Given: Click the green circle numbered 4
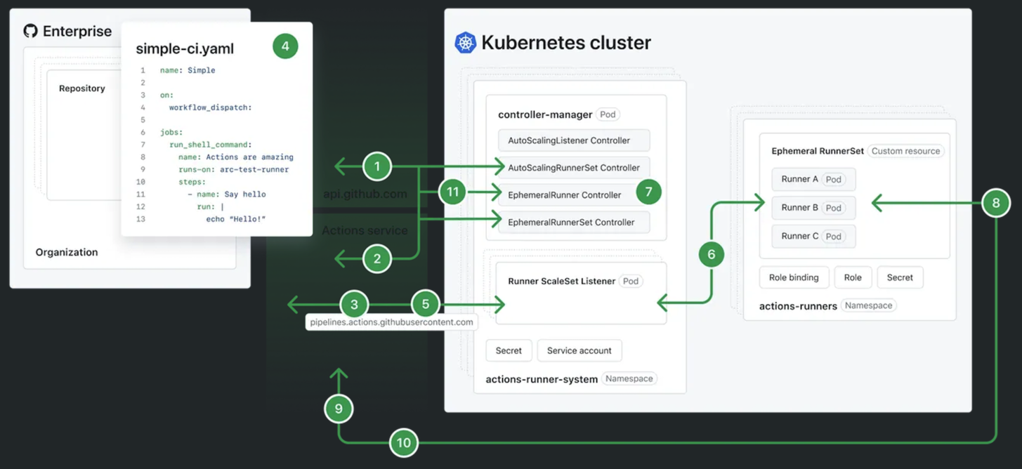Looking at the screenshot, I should [285, 46].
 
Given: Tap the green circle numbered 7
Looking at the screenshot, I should [648, 192].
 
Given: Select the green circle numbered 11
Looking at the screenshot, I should [453, 192].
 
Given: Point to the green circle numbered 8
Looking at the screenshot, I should [996, 204].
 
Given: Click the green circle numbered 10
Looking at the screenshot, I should [403, 443].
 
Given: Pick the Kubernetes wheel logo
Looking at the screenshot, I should [465, 42].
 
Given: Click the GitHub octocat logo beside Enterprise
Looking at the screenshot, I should [30, 31].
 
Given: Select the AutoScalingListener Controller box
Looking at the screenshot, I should [573, 140].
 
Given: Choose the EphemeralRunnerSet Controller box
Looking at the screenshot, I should [573, 223].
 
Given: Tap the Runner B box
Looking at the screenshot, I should [813, 208].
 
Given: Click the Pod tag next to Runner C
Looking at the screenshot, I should [833, 237].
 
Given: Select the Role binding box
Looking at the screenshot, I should [794, 277].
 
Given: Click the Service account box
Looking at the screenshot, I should [579, 350].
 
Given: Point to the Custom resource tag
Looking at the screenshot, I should [905, 151].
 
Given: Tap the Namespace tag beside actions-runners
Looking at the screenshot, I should [868, 305].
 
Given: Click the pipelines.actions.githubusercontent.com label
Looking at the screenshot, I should [391, 322].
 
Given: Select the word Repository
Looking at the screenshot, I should [82, 88].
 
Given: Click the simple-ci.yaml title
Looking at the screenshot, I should [185, 48].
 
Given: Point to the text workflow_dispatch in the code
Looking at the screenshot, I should [210, 107].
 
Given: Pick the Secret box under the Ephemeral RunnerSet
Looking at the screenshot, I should [899, 277].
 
